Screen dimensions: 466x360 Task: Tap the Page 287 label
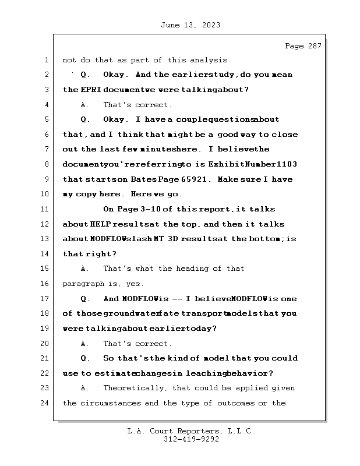click(x=303, y=46)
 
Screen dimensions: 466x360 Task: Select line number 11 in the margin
click(x=46, y=209)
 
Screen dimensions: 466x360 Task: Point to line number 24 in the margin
click(x=46, y=403)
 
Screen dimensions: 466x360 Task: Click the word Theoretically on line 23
click(x=132, y=388)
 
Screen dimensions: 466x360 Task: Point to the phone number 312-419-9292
click(x=191, y=440)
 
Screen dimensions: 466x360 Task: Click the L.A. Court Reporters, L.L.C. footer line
click(x=191, y=432)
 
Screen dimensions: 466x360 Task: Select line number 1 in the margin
click(x=46, y=60)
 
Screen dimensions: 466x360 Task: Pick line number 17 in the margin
click(x=46, y=299)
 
